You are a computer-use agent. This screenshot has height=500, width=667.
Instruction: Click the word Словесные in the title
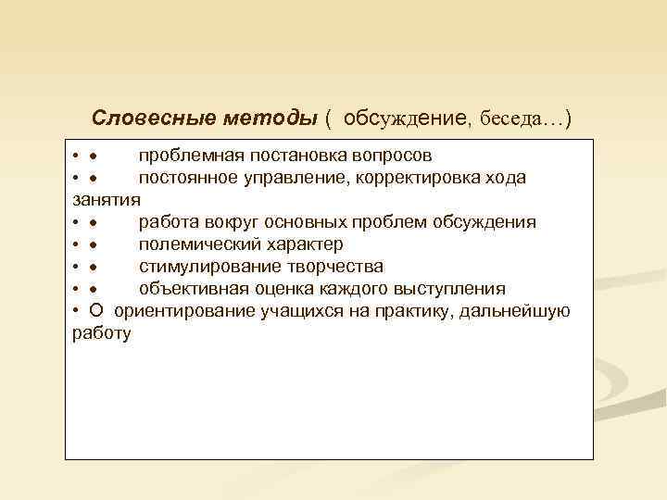tap(153, 119)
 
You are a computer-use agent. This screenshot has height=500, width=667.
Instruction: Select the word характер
tap(303, 244)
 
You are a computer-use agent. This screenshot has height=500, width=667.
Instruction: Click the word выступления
tap(450, 288)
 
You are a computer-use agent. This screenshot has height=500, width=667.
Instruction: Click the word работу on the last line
tap(101, 332)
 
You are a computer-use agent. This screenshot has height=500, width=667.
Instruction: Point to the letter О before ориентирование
tap(96, 310)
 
